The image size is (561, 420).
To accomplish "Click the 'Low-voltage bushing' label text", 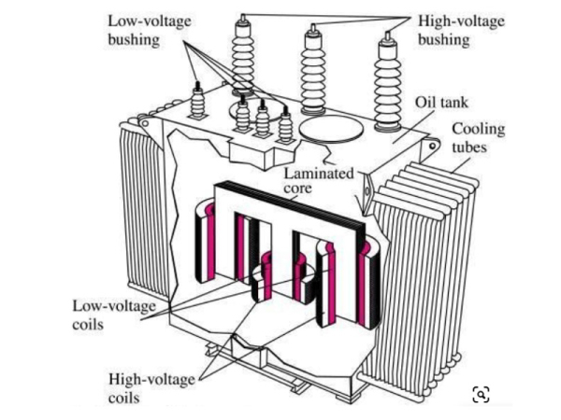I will point(140,29).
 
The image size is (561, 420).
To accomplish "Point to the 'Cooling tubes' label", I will point(479,140).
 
